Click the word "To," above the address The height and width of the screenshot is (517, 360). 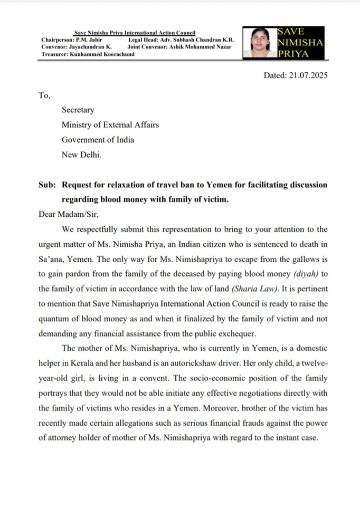coord(44,95)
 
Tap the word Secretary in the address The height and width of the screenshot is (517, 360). coord(78,110)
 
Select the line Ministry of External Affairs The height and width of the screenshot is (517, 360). coord(110,125)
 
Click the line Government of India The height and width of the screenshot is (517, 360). coord(98,140)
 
